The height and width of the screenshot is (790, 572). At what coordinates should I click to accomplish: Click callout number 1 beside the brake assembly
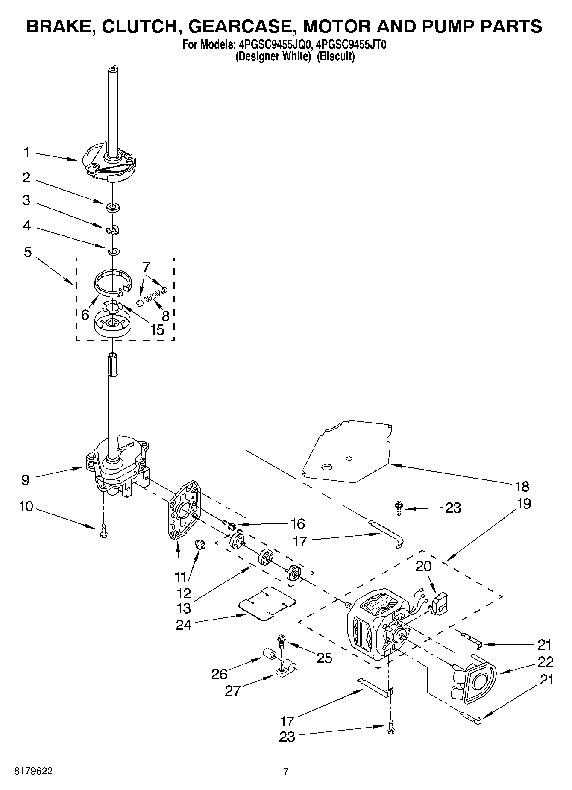pos(27,152)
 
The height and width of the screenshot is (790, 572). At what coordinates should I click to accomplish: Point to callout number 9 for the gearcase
pos(25,480)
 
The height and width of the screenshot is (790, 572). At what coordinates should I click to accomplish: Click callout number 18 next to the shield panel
pos(522,486)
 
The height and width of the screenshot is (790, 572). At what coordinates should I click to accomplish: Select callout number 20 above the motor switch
pos(423,566)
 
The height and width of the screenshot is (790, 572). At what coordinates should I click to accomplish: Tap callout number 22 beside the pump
pos(546,661)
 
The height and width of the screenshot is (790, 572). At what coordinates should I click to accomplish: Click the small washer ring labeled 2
pos(113,208)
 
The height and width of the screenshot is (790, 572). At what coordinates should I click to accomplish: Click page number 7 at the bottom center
pos(286,772)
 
